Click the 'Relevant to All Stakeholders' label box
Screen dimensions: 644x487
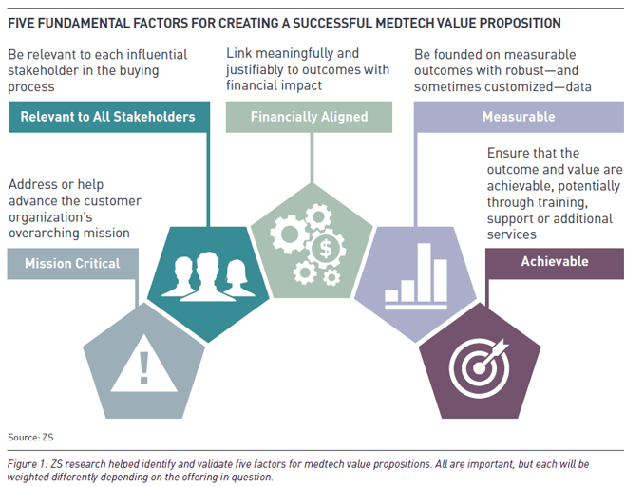click(x=109, y=117)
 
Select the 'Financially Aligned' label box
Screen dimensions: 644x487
click(x=309, y=117)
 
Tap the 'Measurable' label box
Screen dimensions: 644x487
click(x=519, y=117)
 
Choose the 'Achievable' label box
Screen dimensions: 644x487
click(x=555, y=263)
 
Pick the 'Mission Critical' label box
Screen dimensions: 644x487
click(x=73, y=264)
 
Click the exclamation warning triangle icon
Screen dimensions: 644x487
click(x=143, y=365)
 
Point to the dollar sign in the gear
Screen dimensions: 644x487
click(x=326, y=249)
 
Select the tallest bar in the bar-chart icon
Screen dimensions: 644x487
click(x=425, y=272)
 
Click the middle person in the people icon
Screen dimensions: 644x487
click(x=208, y=276)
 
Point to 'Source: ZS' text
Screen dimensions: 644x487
click(x=30, y=438)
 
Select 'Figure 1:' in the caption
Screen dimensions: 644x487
click(x=28, y=464)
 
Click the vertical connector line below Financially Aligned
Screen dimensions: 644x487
click(x=313, y=158)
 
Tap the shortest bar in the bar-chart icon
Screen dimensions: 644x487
click(x=391, y=296)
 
